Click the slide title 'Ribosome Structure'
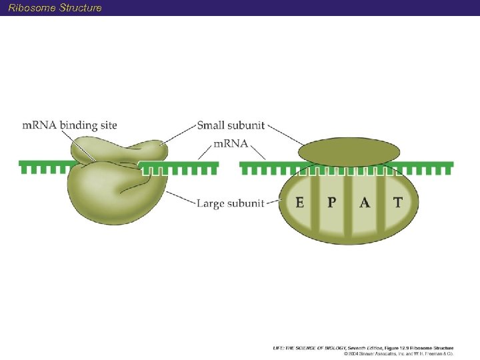55,8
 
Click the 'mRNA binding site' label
69,125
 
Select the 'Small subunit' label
231,125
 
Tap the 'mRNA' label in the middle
231,143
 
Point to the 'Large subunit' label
230,203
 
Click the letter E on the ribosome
301,202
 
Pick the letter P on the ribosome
331,202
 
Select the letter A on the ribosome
364,202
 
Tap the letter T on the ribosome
397,202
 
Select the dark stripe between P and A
347,203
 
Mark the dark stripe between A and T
381,203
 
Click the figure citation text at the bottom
363,347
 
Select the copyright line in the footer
398,353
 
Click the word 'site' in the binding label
107,125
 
